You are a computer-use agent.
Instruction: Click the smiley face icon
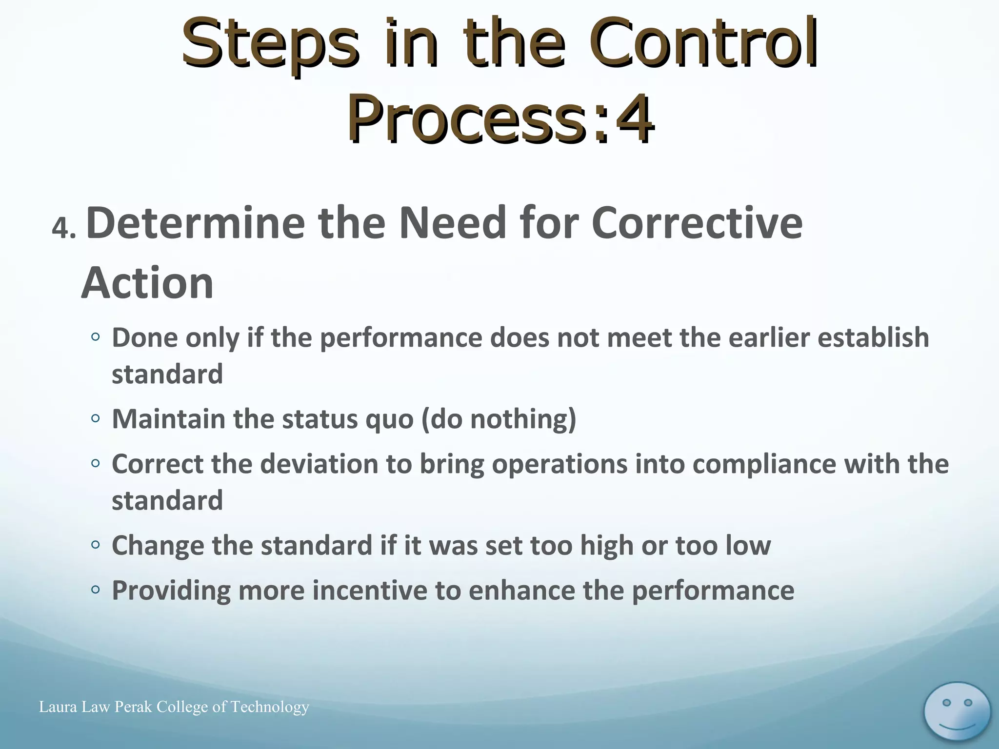tap(957, 711)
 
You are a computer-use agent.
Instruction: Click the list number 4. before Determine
tap(64, 228)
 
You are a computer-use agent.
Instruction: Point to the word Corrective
tap(697, 223)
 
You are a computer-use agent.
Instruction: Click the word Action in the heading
tap(147, 283)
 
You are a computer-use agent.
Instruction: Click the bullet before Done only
tap(96, 337)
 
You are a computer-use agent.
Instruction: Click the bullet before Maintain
tap(96, 418)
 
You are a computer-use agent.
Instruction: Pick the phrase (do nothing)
tap(499, 419)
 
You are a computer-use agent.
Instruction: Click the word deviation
tap(319, 464)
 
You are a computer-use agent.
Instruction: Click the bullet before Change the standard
tap(96, 545)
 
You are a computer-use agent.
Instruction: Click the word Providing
tap(171, 591)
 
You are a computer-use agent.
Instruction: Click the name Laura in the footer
tap(58, 707)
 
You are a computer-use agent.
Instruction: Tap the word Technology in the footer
tap(269, 707)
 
